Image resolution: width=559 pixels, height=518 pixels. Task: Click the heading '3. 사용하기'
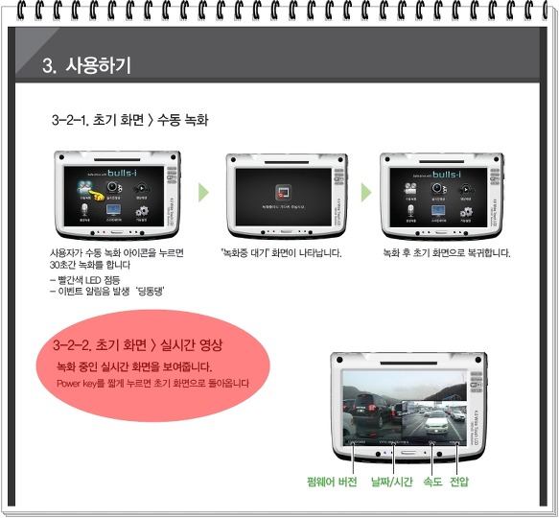(x=87, y=66)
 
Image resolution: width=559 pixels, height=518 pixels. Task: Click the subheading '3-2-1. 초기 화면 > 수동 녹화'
(x=130, y=121)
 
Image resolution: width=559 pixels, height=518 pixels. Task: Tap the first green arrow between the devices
(x=202, y=192)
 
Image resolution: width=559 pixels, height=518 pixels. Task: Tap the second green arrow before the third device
(x=365, y=192)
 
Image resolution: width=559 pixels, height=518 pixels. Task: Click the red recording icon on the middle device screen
(x=282, y=190)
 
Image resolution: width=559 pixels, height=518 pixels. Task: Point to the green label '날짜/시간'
(x=392, y=481)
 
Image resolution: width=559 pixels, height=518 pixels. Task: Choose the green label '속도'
(x=432, y=481)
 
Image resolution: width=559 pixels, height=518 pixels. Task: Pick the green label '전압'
(x=460, y=481)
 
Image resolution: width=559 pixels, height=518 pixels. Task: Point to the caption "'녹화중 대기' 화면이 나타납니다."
(x=281, y=253)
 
